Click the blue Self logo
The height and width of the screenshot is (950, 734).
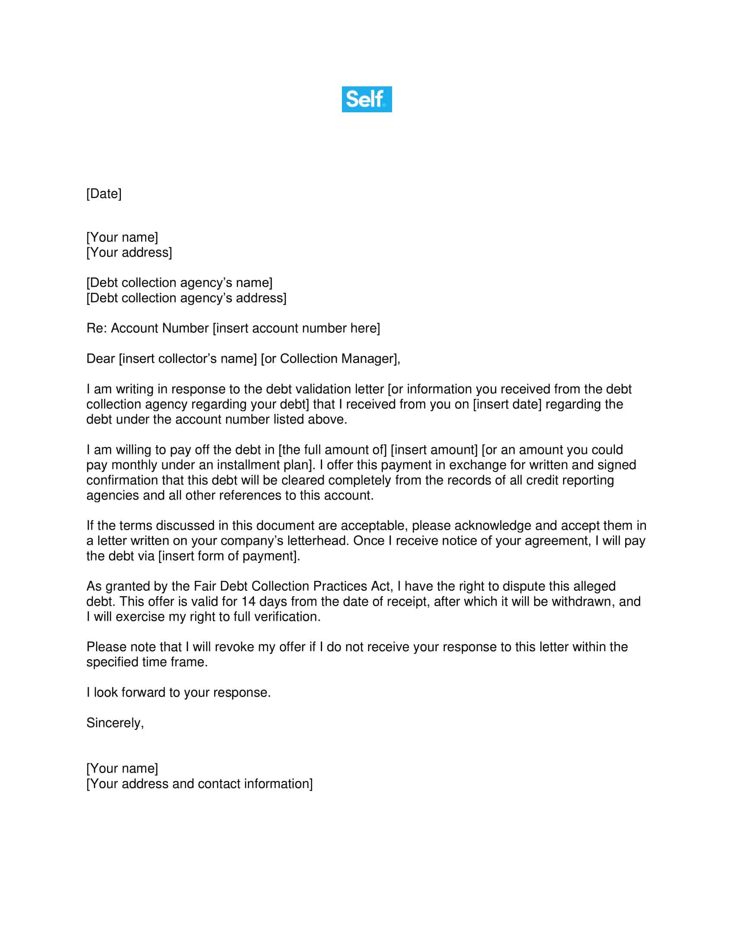[x=367, y=99]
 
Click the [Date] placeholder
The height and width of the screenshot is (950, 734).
[x=104, y=193]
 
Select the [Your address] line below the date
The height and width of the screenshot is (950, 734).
[x=129, y=252]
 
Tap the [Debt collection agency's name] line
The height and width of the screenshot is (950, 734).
[x=179, y=283]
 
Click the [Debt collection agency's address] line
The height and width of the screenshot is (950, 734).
[x=186, y=298]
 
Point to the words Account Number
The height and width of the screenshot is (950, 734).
[x=160, y=328]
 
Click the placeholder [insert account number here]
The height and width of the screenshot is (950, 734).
[x=296, y=328]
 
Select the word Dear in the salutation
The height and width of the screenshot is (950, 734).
[x=101, y=358]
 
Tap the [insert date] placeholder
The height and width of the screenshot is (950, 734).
[x=507, y=404]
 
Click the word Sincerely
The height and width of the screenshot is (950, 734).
[x=115, y=722]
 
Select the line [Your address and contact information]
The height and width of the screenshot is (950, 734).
[x=199, y=783]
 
